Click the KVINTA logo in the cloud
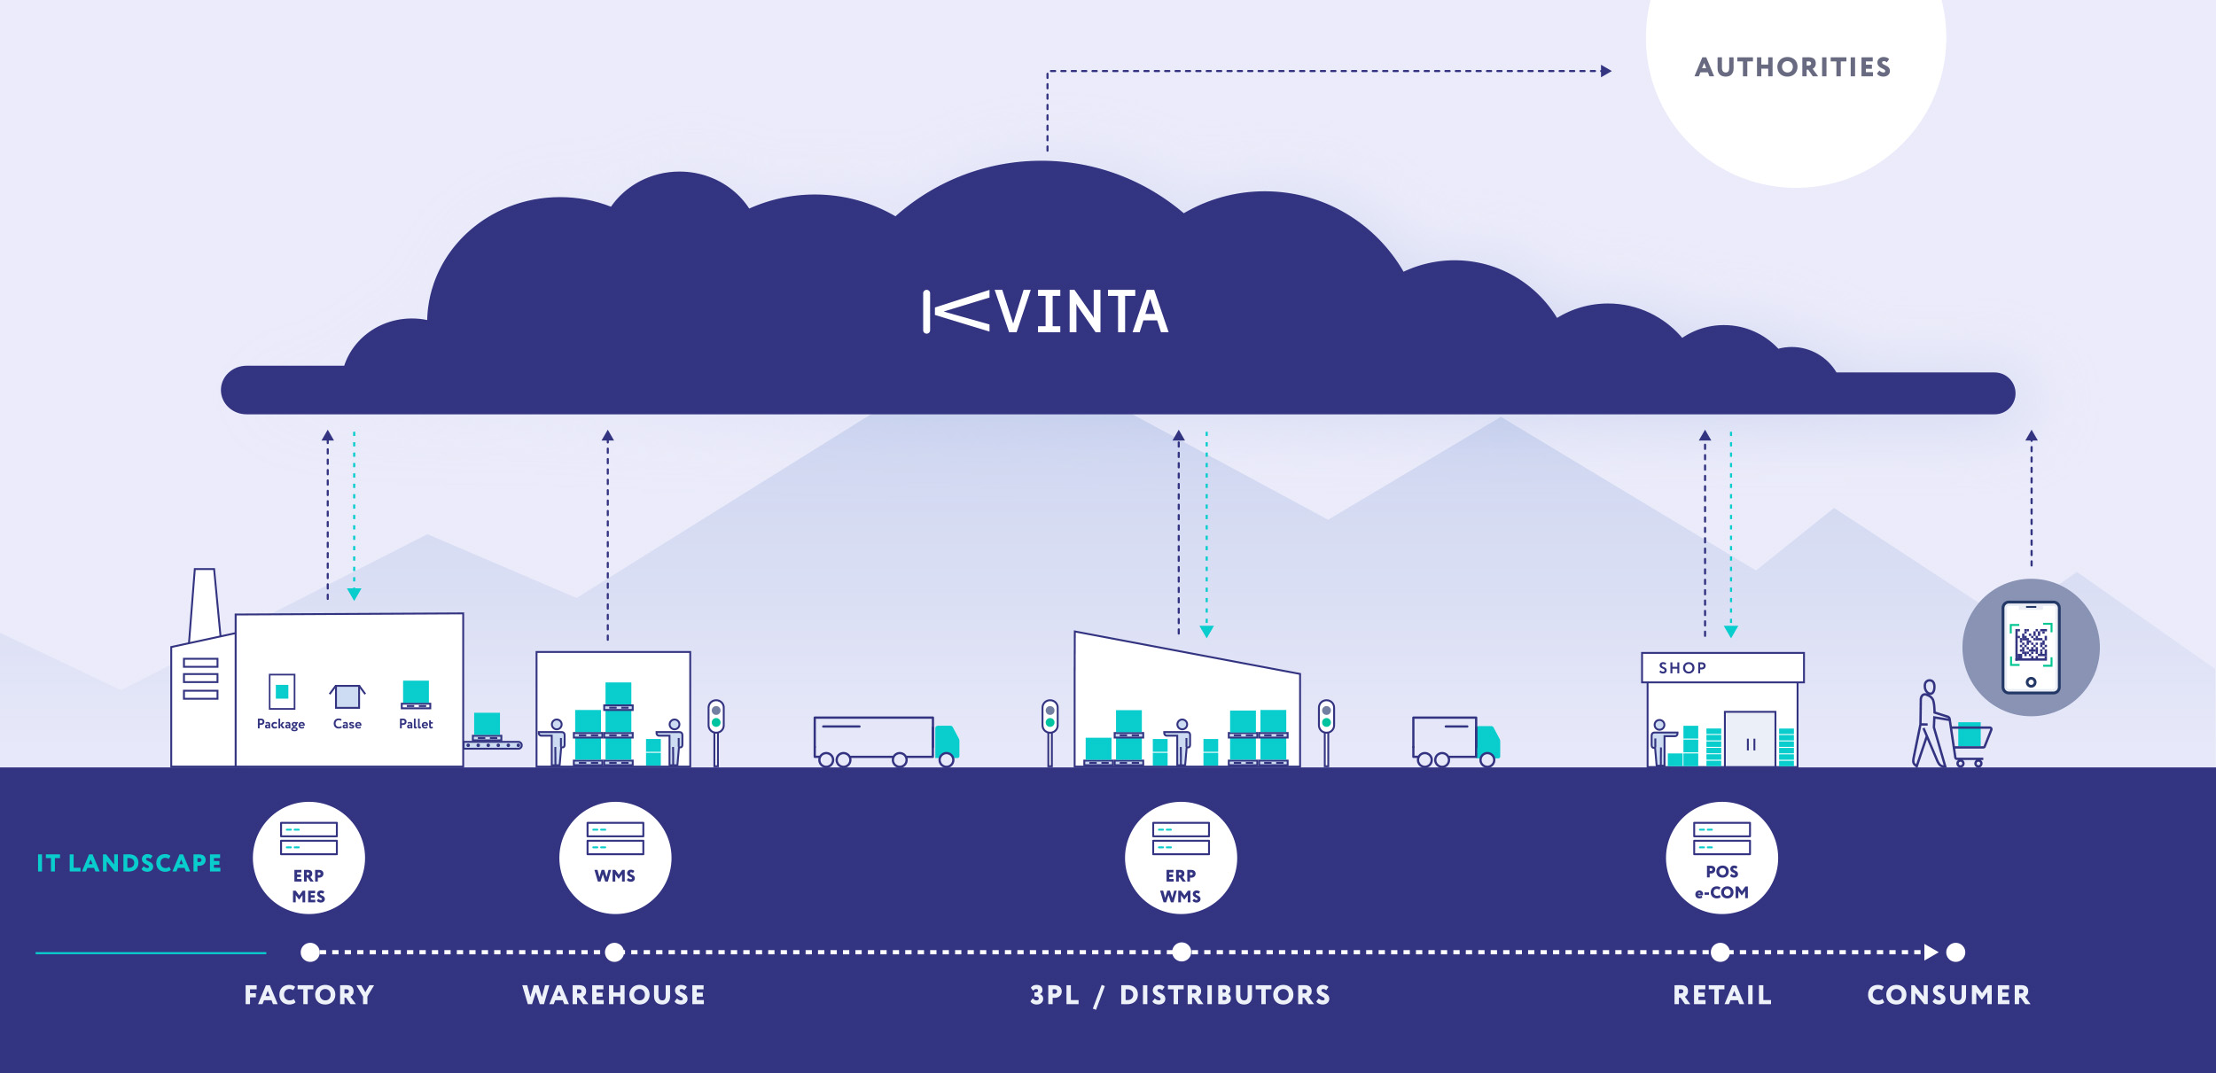click(1046, 312)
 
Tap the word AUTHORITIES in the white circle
click(1792, 67)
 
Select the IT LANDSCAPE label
click(129, 863)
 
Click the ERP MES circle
click(308, 858)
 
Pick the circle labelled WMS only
click(615, 858)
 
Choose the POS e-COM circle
click(1721, 858)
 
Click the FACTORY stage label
click(308, 995)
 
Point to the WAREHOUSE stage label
click(614, 995)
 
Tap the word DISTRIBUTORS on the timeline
click(1225, 995)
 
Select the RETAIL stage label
click(1721, 995)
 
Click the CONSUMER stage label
click(1948, 995)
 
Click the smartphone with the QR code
click(2031, 648)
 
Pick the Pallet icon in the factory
click(416, 695)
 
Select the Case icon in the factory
click(347, 696)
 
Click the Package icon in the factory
click(282, 692)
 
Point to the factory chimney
click(205, 603)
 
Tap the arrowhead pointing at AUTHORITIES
click(1606, 71)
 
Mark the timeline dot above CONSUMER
click(1956, 952)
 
